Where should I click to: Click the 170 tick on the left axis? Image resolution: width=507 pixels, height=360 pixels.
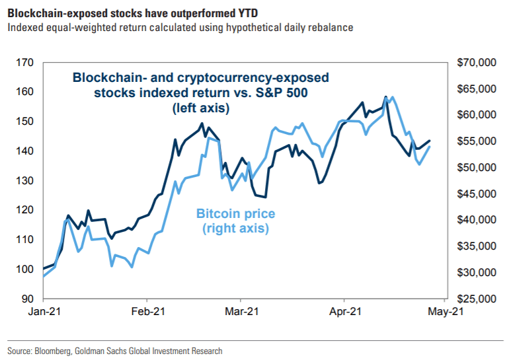coord(24,63)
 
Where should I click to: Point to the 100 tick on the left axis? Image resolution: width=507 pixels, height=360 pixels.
coord(24,270)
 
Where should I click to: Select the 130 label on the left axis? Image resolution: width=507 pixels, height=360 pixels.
coord(24,181)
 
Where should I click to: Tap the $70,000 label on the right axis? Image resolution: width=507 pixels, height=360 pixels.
coord(475,63)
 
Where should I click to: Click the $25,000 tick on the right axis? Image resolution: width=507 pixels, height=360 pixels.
coord(475,299)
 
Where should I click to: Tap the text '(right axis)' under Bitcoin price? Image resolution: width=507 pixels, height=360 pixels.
coord(235,229)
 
